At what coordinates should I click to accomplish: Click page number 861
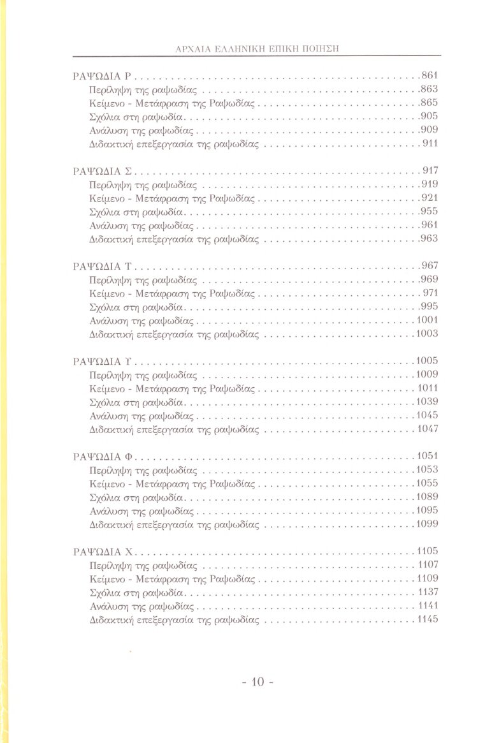pyautogui.click(x=430, y=75)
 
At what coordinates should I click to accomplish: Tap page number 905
pyautogui.click(x=430, y=116)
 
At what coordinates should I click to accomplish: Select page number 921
pyautogui.click(x=430, y=198)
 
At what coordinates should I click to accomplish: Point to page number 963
pyautogui.click(x=430, y=239)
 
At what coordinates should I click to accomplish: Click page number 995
pyautogui.click(x=430, y=306)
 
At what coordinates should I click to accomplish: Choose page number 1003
pyautogui.click(x=427, y=334)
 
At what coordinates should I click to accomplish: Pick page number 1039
pyautogui.click(x=427, y=401)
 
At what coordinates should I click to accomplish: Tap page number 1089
pyautogui.click(x=427, y=496)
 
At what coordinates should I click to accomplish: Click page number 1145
pyautogui.click(x=428, y=619)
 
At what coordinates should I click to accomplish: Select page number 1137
pyautogui.click(x=428, y=591)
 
